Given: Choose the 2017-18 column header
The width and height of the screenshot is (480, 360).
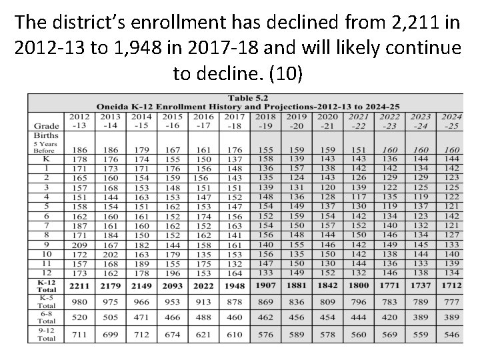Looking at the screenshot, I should (234, 121).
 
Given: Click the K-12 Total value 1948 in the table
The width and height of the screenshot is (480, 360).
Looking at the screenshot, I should (234, 286).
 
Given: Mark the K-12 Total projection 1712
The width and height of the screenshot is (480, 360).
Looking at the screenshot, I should (451, 286).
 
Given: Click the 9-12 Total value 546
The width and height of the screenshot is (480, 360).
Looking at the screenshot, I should (451, 335).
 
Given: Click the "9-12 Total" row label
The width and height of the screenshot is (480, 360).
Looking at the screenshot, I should (46, 335).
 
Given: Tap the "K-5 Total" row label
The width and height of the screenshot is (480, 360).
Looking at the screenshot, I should (46, 301).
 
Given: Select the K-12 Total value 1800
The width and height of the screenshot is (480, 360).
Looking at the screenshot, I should (359, 286).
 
